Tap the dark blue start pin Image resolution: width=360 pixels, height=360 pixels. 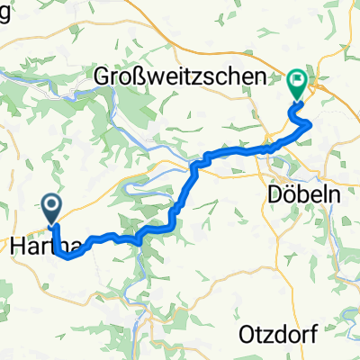[52, 209]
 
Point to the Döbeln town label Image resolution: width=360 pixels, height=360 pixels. [294, 194]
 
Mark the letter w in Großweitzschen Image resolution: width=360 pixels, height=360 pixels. [157, 79]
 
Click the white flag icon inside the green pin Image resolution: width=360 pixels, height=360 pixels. [297, 81]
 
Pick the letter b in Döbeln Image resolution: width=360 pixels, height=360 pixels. [294, 194]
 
